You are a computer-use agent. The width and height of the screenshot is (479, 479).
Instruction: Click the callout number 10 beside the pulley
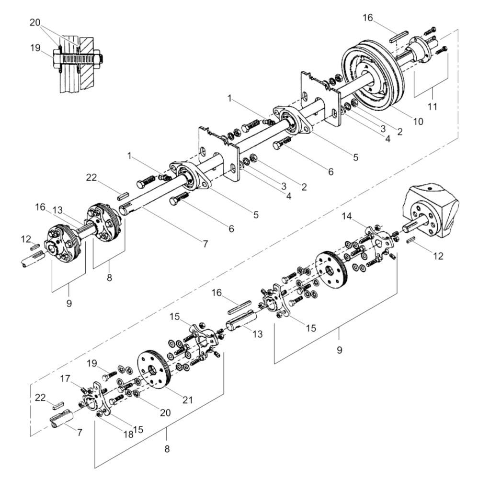tap(419, 122)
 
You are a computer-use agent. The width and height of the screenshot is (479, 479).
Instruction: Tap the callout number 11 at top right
tap(433, 106)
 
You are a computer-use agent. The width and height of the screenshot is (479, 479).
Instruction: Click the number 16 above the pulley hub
tap(379, 18)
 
